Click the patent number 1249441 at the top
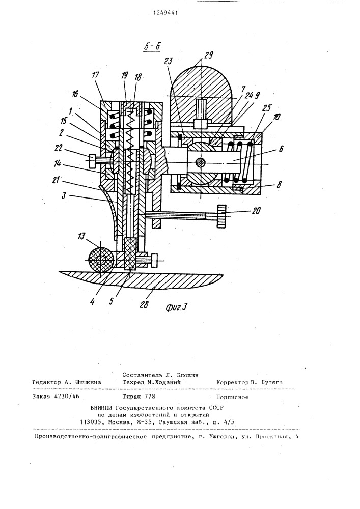tap(165, 13)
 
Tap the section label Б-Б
tap(152, 47)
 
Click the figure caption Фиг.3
tap(177, 306)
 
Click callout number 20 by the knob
tap(256, 211)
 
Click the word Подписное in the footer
tap(232, 397)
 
